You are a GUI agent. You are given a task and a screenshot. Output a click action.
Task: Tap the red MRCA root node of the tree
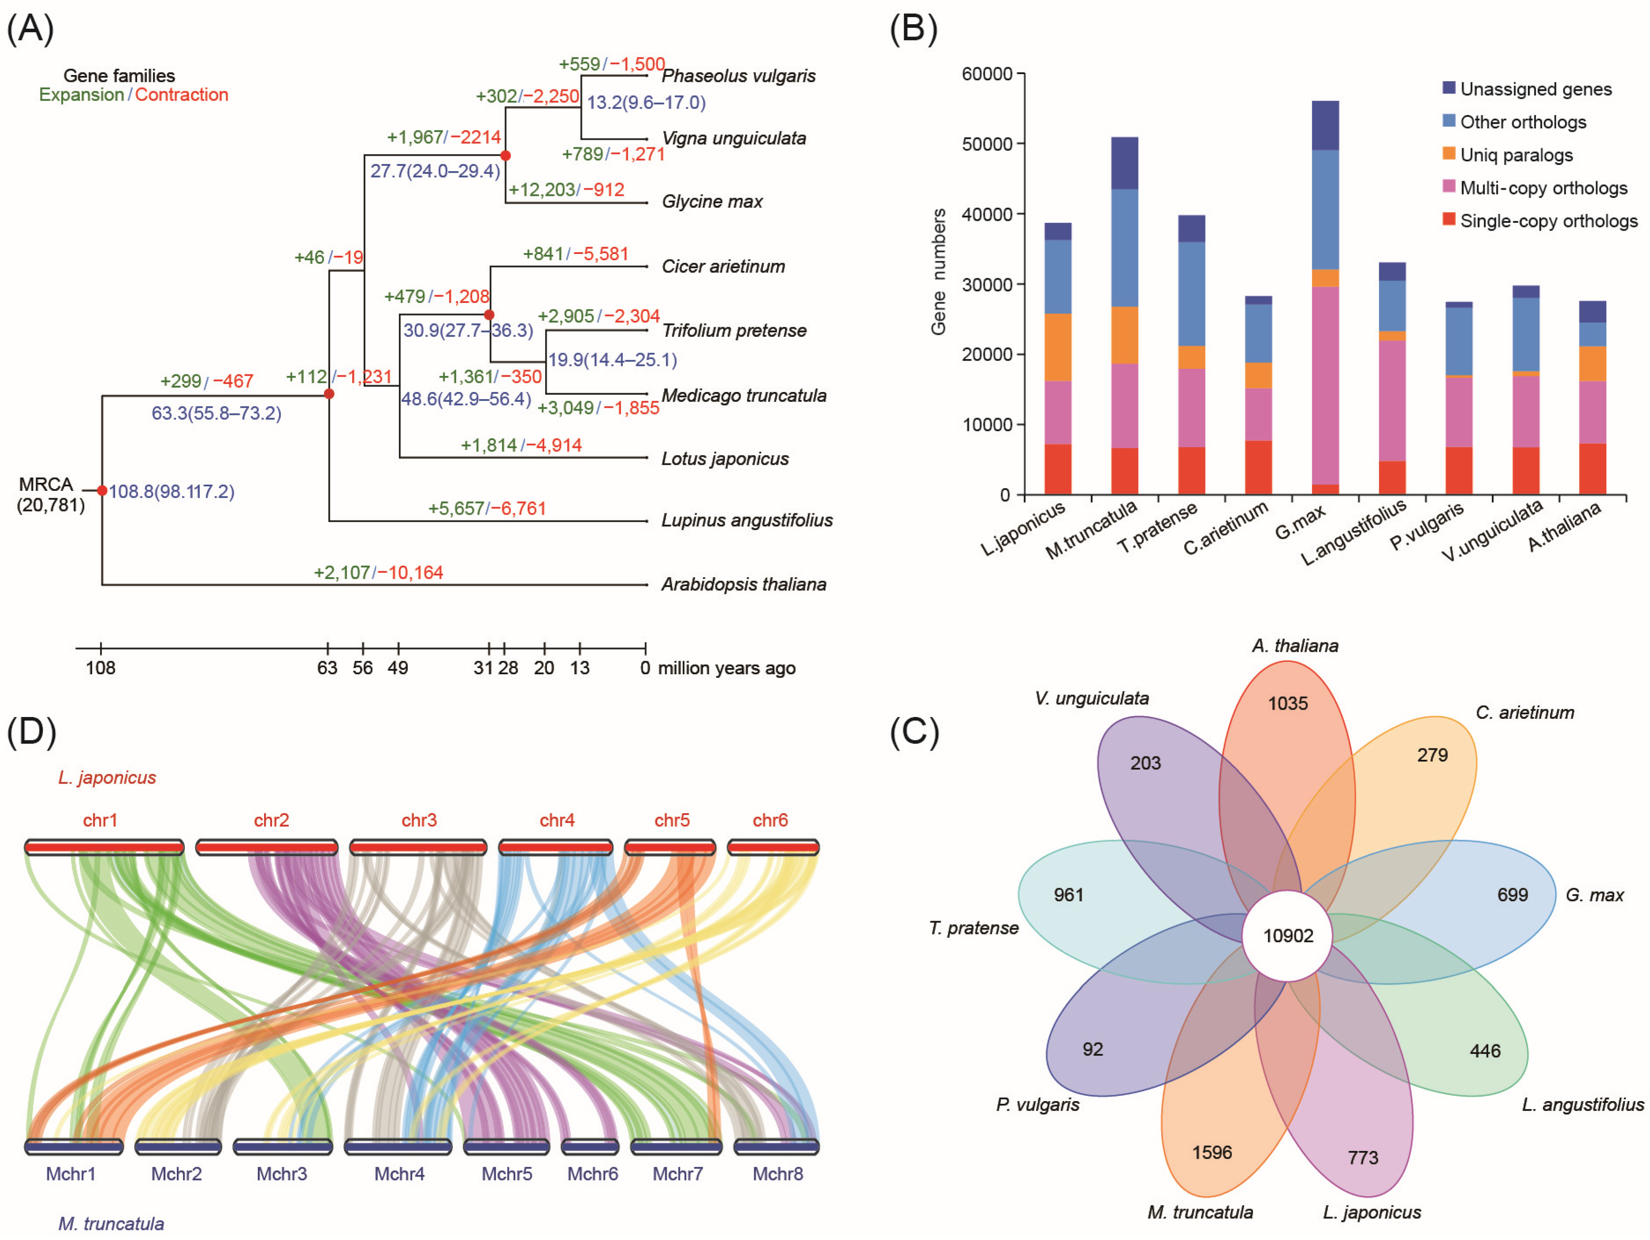coord(102,490)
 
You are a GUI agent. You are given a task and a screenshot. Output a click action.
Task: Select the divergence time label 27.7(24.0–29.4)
coord(435,171)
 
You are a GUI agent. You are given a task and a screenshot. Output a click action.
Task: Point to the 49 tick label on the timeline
coord(398,668)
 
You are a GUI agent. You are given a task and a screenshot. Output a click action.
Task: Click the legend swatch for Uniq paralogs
coord(1449,154)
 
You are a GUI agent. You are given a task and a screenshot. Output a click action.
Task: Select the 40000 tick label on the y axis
coord(987,214)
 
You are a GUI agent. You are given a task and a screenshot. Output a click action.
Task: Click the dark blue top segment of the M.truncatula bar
coord(1124,163)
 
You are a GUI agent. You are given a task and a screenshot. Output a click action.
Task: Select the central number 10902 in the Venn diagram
coord(1288,936)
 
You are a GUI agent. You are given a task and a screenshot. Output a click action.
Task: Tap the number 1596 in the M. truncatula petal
coord(1211,1153)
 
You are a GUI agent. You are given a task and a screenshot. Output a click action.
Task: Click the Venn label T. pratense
coord(973,928)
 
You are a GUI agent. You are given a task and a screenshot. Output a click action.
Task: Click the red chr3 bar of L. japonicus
coord(418,847)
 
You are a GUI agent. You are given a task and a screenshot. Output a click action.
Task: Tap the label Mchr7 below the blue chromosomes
coord(677,1173)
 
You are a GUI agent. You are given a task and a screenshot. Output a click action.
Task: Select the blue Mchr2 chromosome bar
coord(178,1146)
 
